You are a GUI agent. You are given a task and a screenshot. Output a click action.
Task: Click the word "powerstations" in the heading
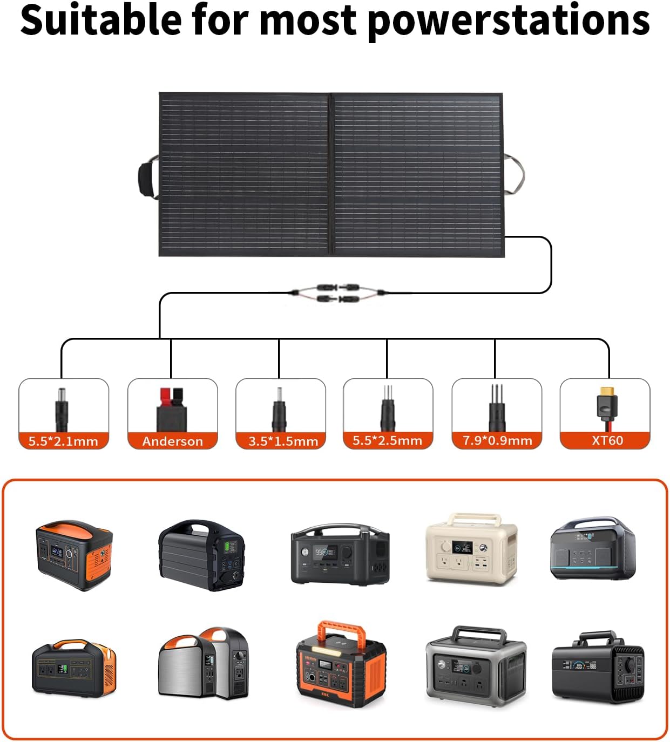coord(510,21)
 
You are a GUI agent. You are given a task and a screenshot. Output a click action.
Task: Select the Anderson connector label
coord(172,441)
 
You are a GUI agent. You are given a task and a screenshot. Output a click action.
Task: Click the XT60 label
coord(607,440)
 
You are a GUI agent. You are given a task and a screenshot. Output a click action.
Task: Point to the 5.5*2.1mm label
coord(63,441)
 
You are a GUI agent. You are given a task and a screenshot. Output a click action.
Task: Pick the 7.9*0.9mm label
coord(497,440)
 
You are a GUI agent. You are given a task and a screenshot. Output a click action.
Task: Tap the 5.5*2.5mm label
coord(387,440)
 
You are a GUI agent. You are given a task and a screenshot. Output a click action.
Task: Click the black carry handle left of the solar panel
coord(146,177)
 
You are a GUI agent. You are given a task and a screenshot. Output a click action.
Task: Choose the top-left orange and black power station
coord(74,554)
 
